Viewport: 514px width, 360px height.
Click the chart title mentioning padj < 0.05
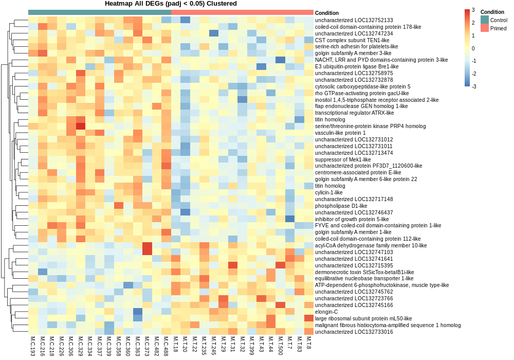(x=171, y=4)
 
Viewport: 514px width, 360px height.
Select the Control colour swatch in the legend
(x=485, y=20)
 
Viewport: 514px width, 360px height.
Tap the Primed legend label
(x=498, y=28)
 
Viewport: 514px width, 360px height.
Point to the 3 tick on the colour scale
(x=473, y=11)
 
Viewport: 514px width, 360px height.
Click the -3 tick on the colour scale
(x=474, y=86)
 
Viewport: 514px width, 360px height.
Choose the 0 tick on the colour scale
(x=473, y=48)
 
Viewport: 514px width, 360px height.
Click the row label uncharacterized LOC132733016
(x=354, y=332)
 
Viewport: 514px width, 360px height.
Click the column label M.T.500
(x=281, y=346)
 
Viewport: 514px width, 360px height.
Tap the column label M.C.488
(x=167, y=346)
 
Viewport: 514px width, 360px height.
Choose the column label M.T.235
(x=204, y=346)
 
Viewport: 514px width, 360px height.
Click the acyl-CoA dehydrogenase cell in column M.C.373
(x=148, y=245)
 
